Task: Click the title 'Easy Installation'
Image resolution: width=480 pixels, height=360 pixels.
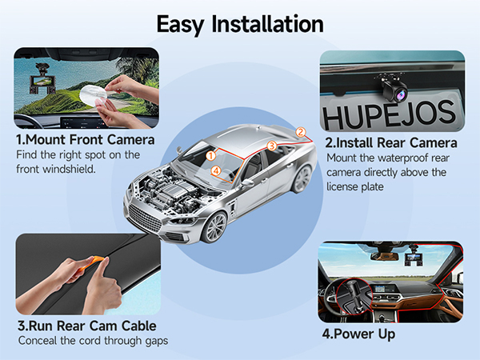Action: click(x=240, y=23)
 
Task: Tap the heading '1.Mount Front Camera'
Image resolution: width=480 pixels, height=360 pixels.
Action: click(x=85, y=140)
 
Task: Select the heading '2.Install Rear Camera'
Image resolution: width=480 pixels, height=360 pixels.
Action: click(x=391, y=142)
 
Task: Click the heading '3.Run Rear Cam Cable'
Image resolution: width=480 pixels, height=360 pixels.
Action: click(x=86, y=326)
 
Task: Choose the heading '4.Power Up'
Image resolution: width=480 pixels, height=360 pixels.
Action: click(x=358, y=334)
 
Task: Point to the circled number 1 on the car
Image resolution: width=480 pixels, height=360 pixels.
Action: click(x=211, y=155)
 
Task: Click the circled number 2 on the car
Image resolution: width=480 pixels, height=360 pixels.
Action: click(x=301, y=132)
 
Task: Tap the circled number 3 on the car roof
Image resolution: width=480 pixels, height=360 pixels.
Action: click(x=271, y=146)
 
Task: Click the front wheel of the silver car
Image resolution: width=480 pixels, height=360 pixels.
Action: click(x=215, y=225)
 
